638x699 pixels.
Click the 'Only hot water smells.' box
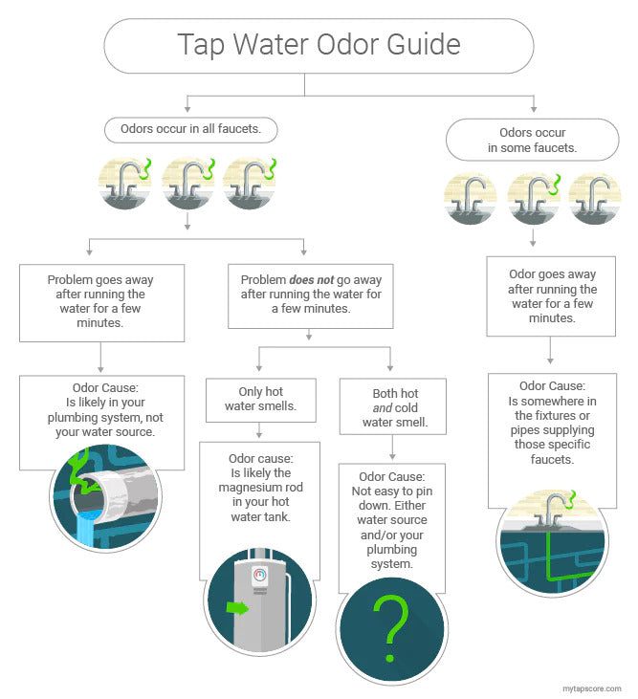pyautogui.click(x=260, y=399)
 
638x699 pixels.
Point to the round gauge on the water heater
pyautogui.click(x=260, y=576)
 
